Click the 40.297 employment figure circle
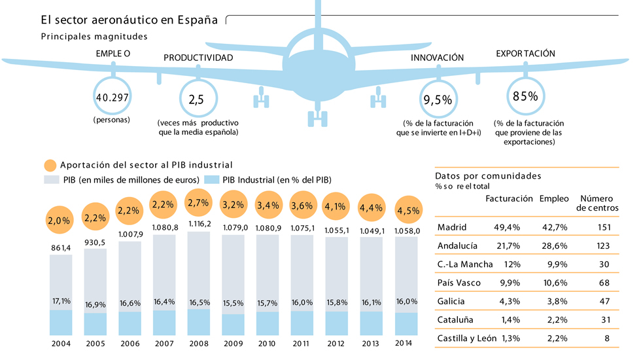point(113,98)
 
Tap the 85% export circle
point(525,97)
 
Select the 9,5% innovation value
point(438,99)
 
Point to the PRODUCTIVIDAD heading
point(198,58)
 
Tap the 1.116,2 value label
point(200,224)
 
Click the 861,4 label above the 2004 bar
point(61,247)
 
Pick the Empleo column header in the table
point(553,198)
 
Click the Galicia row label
point(451,301)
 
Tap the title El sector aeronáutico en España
point(129,20)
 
